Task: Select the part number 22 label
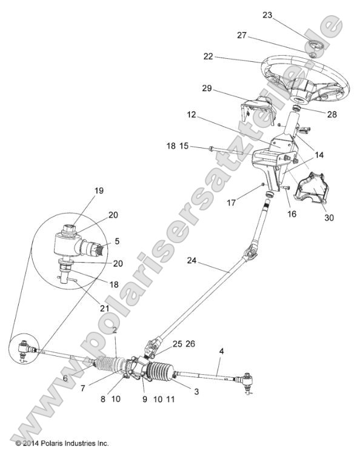[x=208, y=56]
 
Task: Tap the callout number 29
[x=207, y=89]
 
